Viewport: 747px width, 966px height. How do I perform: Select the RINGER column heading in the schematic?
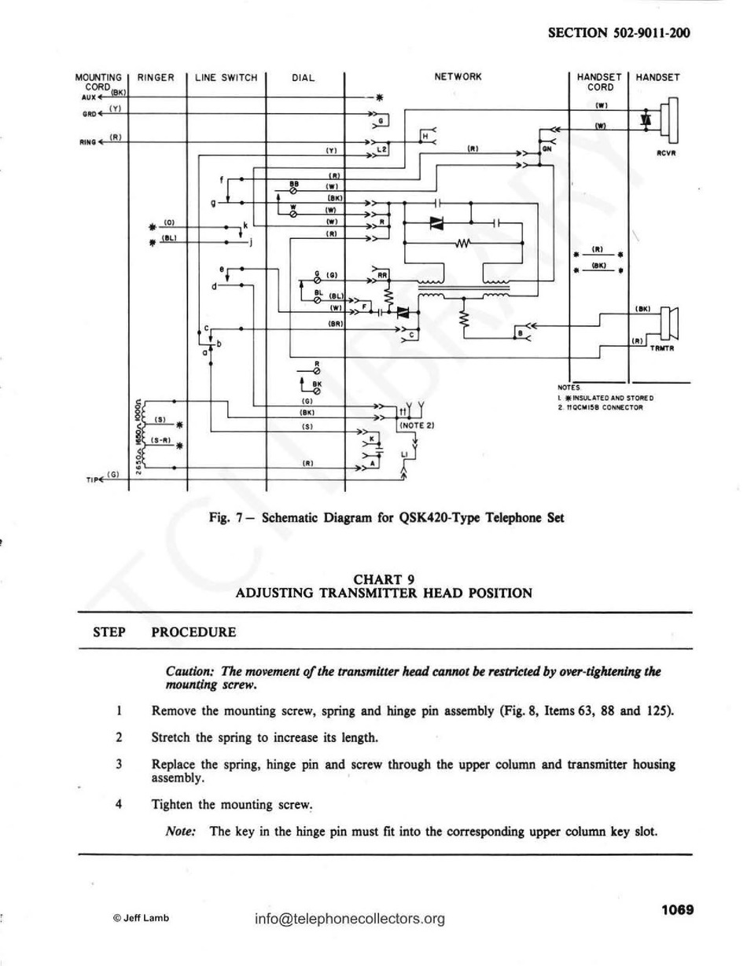156,78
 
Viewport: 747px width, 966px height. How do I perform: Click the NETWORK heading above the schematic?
457,77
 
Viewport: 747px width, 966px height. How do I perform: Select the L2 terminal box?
381,148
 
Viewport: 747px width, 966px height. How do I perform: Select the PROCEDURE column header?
193,631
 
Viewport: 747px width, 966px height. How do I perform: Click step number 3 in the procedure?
118,764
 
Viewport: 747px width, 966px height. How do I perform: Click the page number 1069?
677,910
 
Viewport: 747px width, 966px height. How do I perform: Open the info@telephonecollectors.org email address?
350,918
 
